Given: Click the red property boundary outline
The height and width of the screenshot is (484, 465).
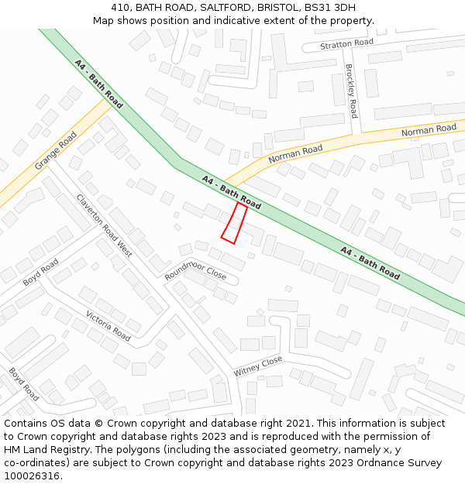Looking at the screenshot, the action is coord(234,223).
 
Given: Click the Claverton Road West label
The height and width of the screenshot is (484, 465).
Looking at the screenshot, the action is coord(104,225).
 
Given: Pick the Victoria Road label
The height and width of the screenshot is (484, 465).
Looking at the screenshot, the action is coord(108,326).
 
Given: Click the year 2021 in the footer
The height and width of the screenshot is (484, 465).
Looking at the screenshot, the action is coord(296,424).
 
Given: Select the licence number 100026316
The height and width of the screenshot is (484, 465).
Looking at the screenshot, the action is coord(32,476).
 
